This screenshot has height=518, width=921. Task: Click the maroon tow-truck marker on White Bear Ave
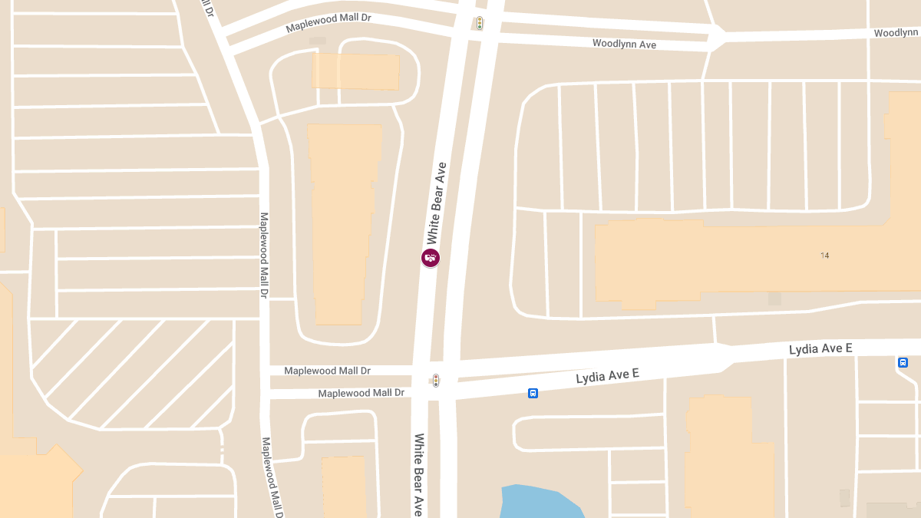tap(431, 258)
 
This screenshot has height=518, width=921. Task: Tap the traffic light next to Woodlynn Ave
tap(479, 23)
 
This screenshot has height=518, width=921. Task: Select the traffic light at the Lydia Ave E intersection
tap(435, 380)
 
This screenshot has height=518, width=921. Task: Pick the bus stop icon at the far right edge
tap(903, 362)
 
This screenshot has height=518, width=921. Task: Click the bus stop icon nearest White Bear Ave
tap(533, 394)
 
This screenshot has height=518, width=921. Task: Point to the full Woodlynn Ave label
tap(624, 44)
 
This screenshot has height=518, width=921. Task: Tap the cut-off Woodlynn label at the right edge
tap(896, 33)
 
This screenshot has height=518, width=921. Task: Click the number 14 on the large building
tap(824, 255)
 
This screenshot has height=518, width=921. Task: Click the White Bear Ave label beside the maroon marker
tap(437, 203)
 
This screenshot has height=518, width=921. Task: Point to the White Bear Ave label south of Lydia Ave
tap(419, 474)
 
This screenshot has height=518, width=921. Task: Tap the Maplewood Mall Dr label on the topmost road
tap(328, 22)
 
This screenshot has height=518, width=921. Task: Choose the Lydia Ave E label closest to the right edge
tap(820, 349)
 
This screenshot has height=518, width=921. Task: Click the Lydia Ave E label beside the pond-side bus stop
tap(607, 376)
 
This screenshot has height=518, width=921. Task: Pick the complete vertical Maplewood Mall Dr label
tap(263, 255)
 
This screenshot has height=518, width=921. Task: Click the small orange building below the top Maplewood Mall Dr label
tap(355, 71)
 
